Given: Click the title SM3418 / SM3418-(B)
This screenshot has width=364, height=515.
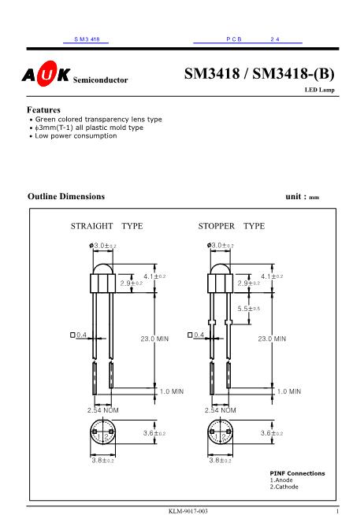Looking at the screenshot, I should click(x=259, y=76).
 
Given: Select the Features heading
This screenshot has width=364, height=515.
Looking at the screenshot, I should click(x=44, y=109).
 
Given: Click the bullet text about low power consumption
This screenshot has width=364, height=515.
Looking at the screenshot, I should click(x=75, y=135).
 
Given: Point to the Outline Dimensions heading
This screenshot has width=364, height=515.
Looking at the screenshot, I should click(x=65, y=195).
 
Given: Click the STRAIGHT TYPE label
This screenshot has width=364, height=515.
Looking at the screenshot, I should click(x=106, y=226).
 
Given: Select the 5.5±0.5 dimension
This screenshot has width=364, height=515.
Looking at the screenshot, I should click(x=249, y=309).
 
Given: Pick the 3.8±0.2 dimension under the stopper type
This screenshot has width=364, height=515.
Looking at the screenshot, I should click(x=220, y=460).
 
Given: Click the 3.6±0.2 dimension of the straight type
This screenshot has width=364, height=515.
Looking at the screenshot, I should click(x=154, y=433).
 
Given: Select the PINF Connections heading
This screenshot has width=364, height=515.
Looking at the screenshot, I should click(x=297, y=473).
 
